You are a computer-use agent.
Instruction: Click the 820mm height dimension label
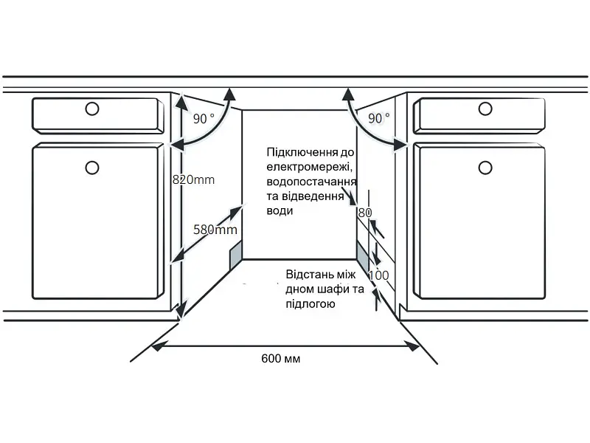click(x=193, y=179)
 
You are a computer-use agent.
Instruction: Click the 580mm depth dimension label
click(x=215, y=230)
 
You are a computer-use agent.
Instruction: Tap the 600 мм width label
click(x=281, y=358)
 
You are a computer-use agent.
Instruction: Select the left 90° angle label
click(x=204, y=119)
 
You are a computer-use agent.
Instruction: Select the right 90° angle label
click(x=379, y=118)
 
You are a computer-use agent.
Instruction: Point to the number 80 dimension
click(x=364, y=213)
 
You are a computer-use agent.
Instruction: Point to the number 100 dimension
click(x=378, y=275)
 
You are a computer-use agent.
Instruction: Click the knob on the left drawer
click(x=92, y=109)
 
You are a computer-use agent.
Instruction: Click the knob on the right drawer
click(x=485, y=109)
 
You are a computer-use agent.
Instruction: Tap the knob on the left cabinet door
click(x=92, y=168)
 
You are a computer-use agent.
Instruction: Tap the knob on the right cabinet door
click(x=485, y=168)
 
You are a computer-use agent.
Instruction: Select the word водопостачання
click(x=311, y=182)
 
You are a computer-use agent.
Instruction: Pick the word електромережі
click(x=309, y=167)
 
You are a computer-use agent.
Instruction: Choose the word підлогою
click(x=310, y=304)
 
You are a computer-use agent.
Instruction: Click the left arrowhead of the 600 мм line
click(x=157, y=346)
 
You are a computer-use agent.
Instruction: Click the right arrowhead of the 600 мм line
click(x=414, y=346)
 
